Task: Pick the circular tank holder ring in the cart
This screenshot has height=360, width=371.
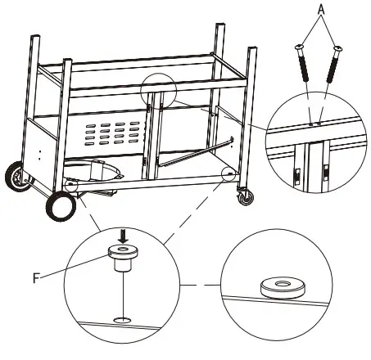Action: click(99, 171)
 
